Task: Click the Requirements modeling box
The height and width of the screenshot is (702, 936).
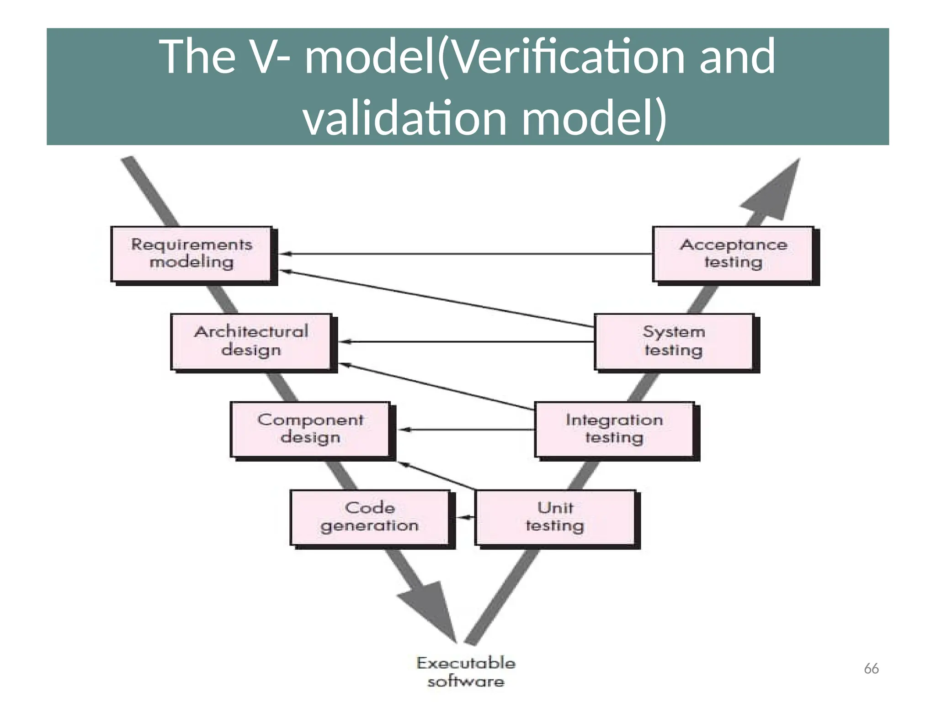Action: [191, 254]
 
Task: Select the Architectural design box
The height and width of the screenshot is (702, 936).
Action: [251, 341]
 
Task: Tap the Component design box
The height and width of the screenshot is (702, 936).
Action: [310, 429]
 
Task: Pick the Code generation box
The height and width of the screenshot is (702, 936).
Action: [370, 517]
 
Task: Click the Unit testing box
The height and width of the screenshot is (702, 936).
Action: [555, 517]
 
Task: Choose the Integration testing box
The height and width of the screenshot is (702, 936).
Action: [614, 429]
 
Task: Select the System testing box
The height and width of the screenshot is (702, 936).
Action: [674, 341]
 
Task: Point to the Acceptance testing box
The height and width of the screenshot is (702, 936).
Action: [733, 254]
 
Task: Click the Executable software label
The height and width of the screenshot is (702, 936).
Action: [466, 672]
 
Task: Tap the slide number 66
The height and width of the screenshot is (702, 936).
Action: [871, 669]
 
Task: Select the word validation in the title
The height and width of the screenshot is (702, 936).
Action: [405, 118]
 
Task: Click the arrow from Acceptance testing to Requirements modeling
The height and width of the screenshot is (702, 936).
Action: [466, 254]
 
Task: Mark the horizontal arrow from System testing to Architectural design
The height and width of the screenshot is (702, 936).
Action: [466, 341]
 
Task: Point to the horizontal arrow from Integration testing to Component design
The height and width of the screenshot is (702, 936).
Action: [466, 429]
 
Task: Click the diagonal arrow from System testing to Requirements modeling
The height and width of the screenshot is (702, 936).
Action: [439, 299]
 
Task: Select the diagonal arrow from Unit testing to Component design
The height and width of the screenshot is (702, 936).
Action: [436, 476]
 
